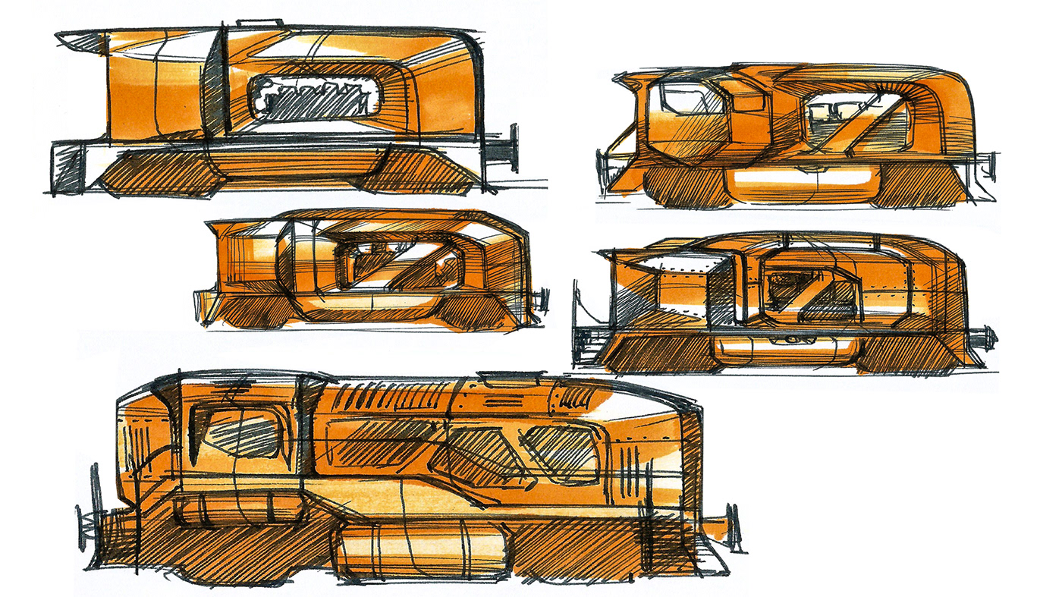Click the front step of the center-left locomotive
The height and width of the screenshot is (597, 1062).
[206, 313]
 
